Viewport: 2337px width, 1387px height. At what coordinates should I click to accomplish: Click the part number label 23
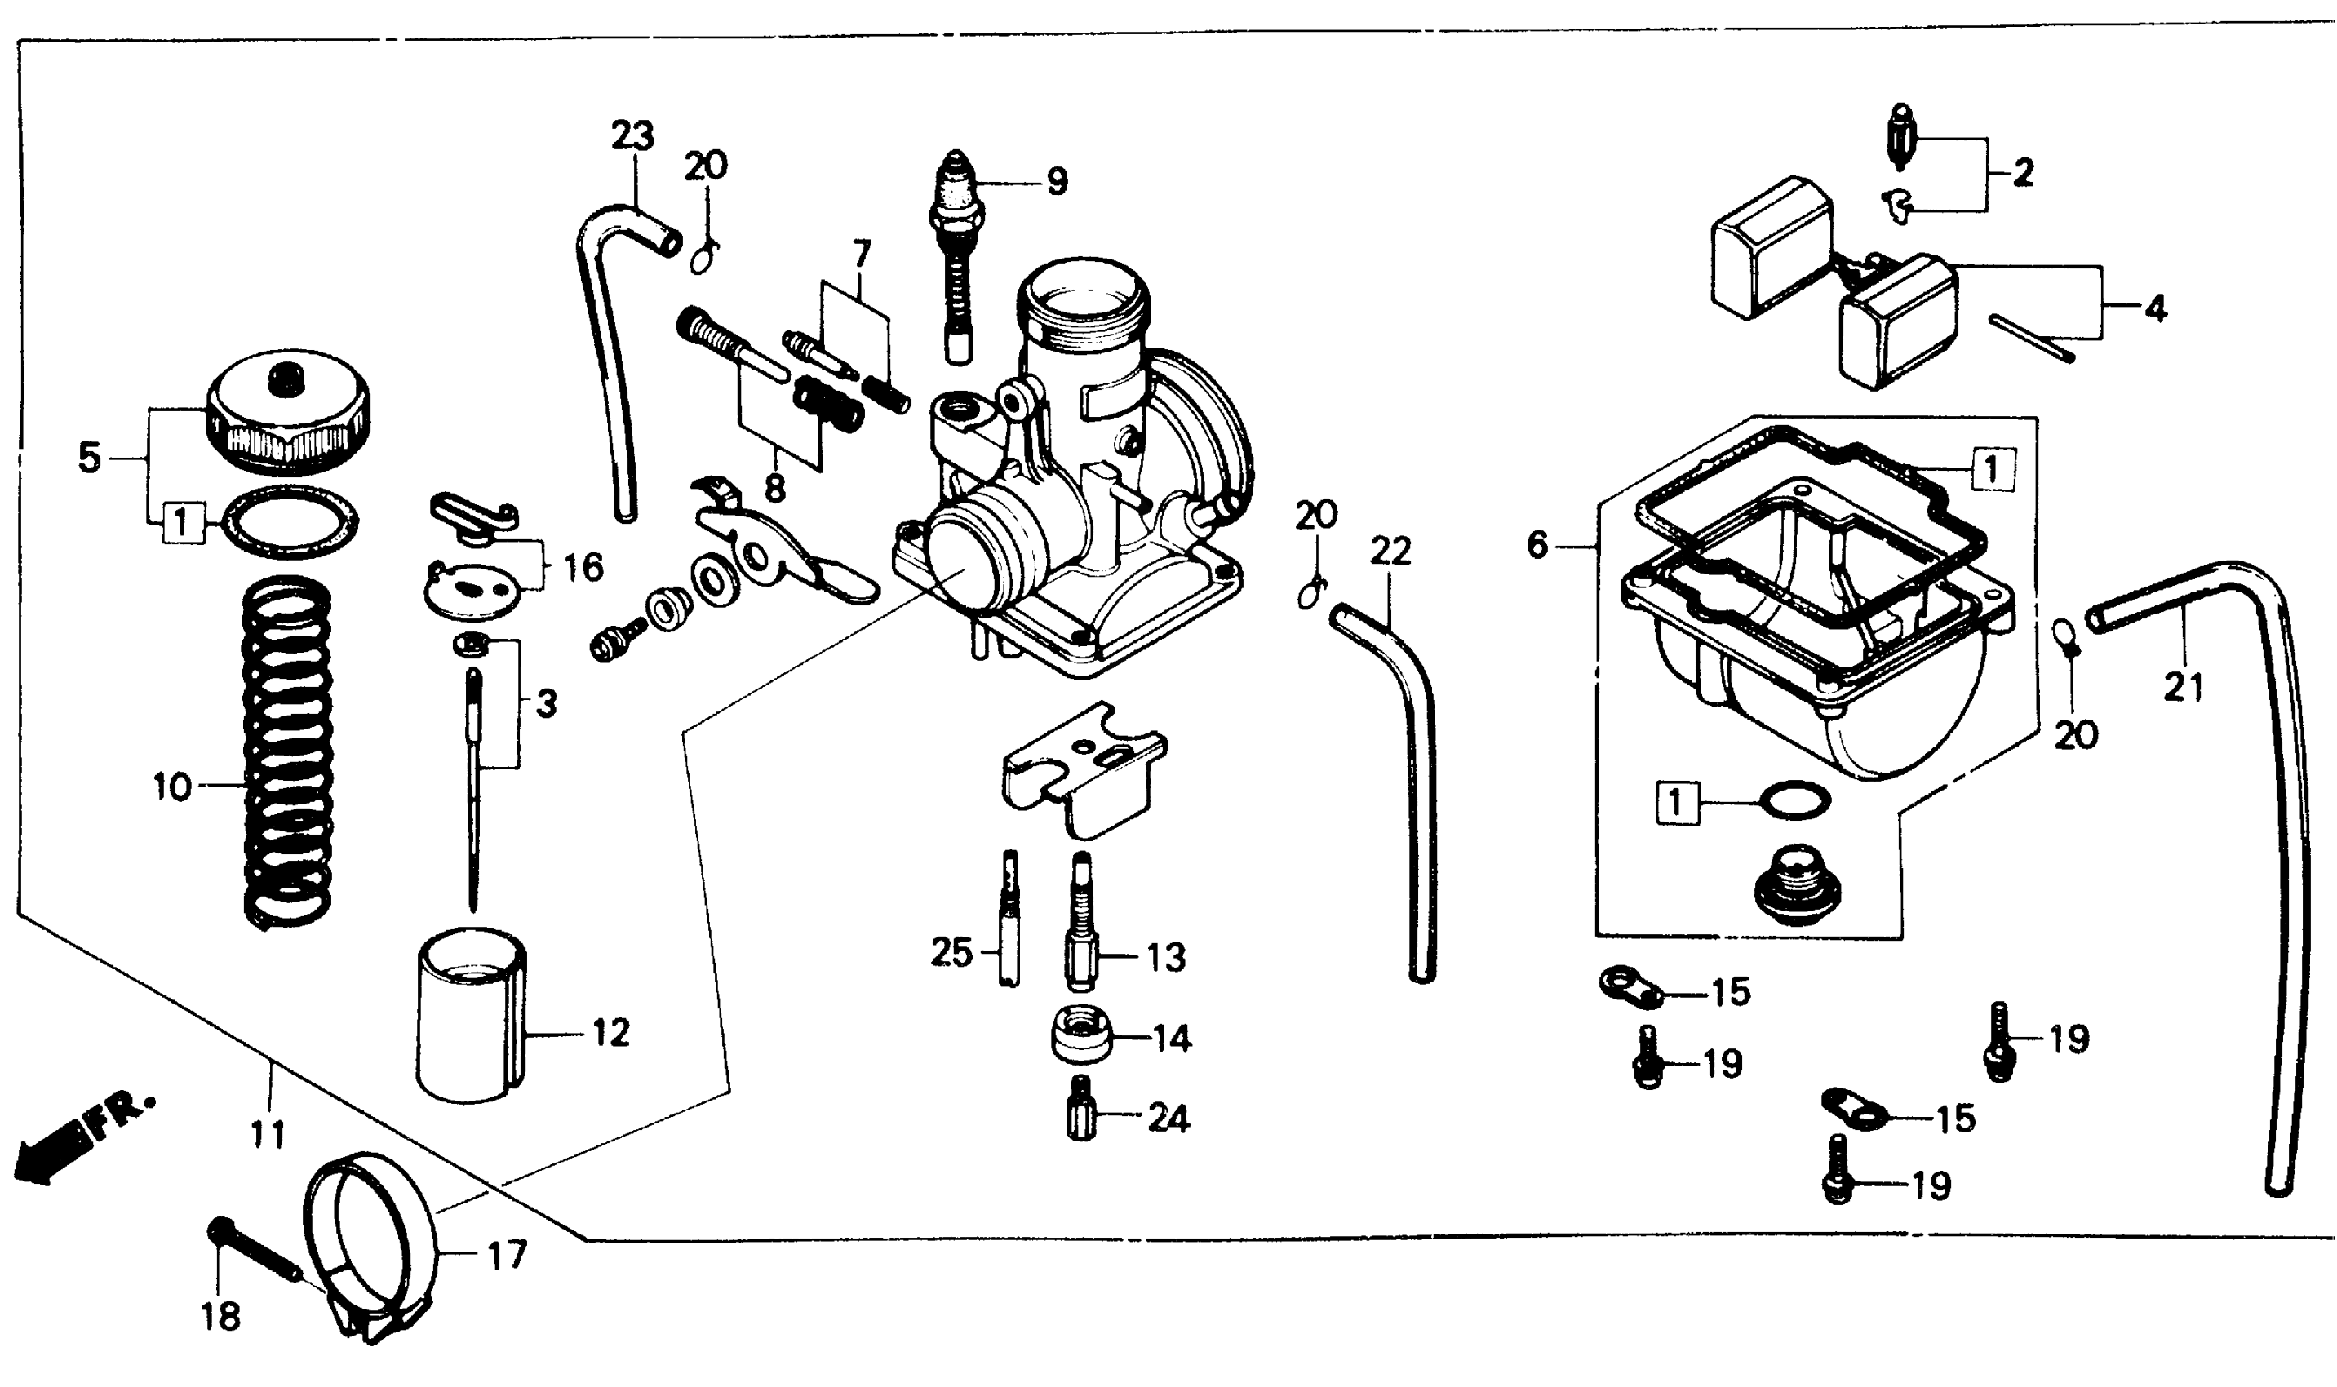click(633, 136)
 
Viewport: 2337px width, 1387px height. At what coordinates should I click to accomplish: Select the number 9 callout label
click(1057, 180)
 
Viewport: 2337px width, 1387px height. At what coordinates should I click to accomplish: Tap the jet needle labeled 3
click(473, 785)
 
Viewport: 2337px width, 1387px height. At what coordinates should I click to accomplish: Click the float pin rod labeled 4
click(2030, 336)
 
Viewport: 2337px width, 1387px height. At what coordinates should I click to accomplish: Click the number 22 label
click(1390, 552)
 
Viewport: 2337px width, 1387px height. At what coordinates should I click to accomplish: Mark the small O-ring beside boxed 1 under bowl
click(1794, 799)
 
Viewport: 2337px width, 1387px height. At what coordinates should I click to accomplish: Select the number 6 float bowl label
click(1538, 544)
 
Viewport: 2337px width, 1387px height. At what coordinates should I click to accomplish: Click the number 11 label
click(268, 1134)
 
